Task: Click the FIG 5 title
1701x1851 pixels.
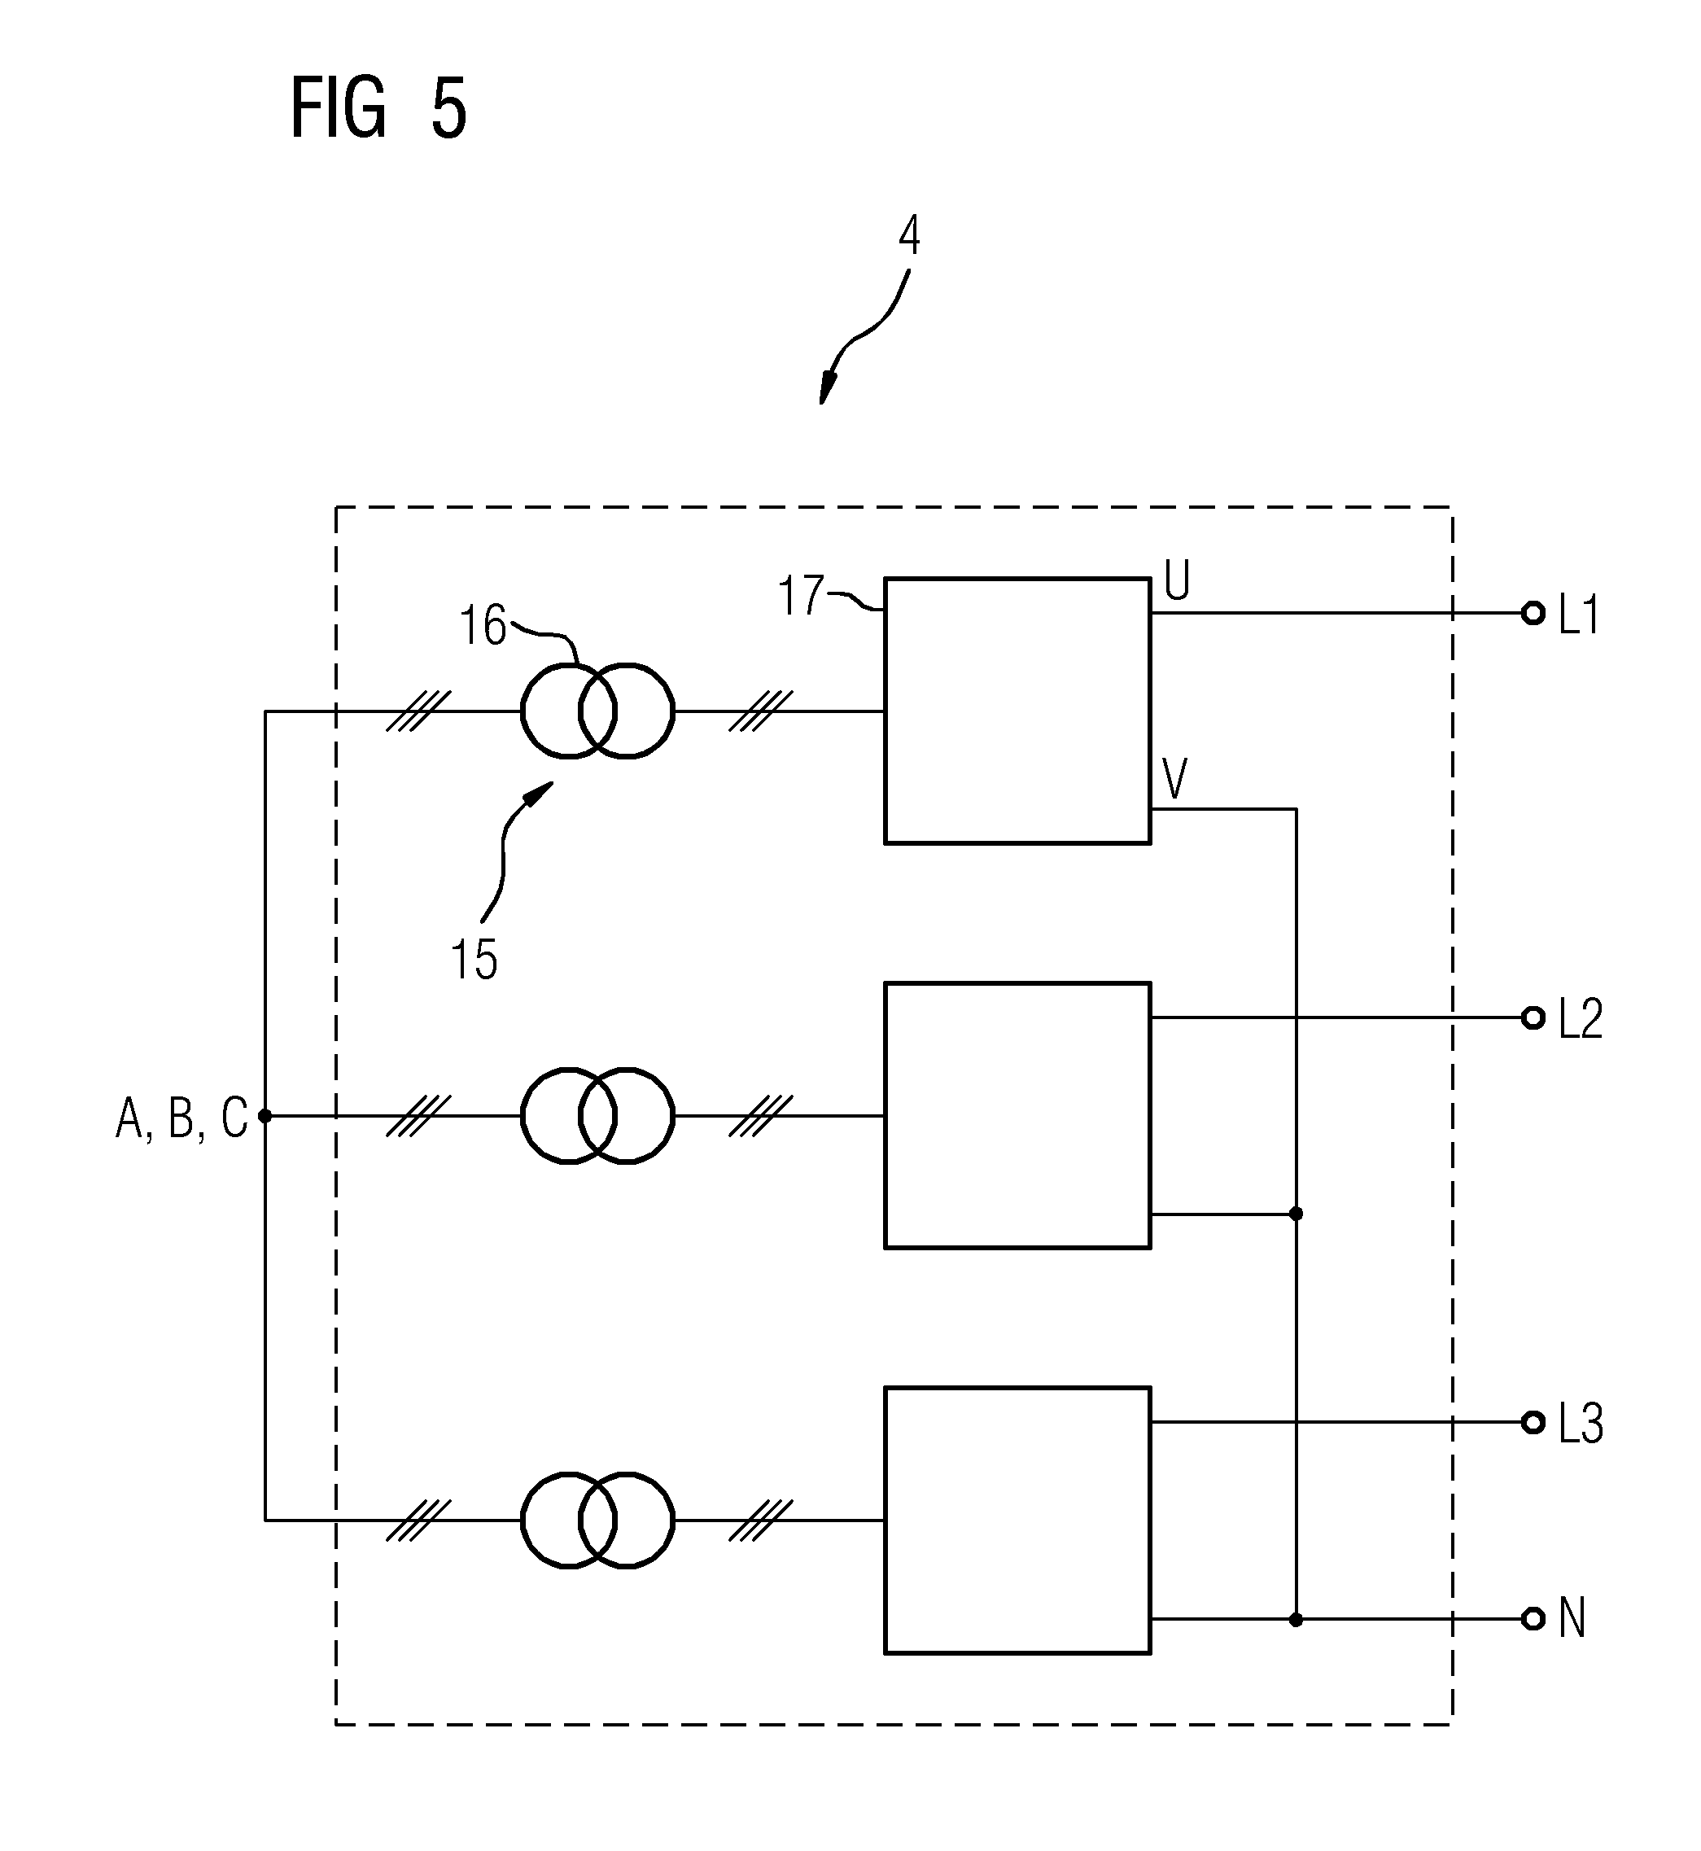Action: pyautogui.click(x=378, y=108)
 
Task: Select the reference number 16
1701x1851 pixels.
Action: pyautogui.click(x=483, y=626)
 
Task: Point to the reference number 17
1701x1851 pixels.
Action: pyautogui.click(x=801, y=596)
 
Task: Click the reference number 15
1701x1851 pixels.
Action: pyautogui.click(x=474, y=959)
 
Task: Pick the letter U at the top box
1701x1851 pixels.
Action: pyautogui.click(x=1177, y=581)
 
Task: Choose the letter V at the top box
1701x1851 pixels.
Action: pyautogui.click(x=1175, y=779)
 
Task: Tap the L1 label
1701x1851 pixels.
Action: pyautogui.click(x=1579, y=614)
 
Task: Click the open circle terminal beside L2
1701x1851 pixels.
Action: pyautogui.click(x=1533, y=1017)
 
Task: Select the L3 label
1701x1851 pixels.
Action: pyautogui.click(x=1581, y=1423)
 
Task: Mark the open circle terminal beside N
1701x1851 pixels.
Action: pyautogui.click(x=1533, y=1619)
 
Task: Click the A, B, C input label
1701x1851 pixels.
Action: pyautogui.click(x=181, y=1118)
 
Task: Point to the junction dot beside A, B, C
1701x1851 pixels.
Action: pyautogui.click(x=265, y=1116)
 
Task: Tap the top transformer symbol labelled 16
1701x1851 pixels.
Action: pyautogui.click(x=597, y=711)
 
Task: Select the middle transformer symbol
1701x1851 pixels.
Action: pyautogui.click(x=597, y=1116)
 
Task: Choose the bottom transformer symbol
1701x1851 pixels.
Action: pyautogui.click(x=597, y=1521)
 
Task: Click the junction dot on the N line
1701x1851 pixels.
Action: pyautogui.click(x=1296, y=1619)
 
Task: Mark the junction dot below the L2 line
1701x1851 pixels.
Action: pyautogui.click(x=1296, y=1214)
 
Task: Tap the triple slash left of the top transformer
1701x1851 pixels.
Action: pyautogui.click(x=419, y=711)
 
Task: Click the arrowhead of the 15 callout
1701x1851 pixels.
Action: pyautogui.click(x=540, y=793)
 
